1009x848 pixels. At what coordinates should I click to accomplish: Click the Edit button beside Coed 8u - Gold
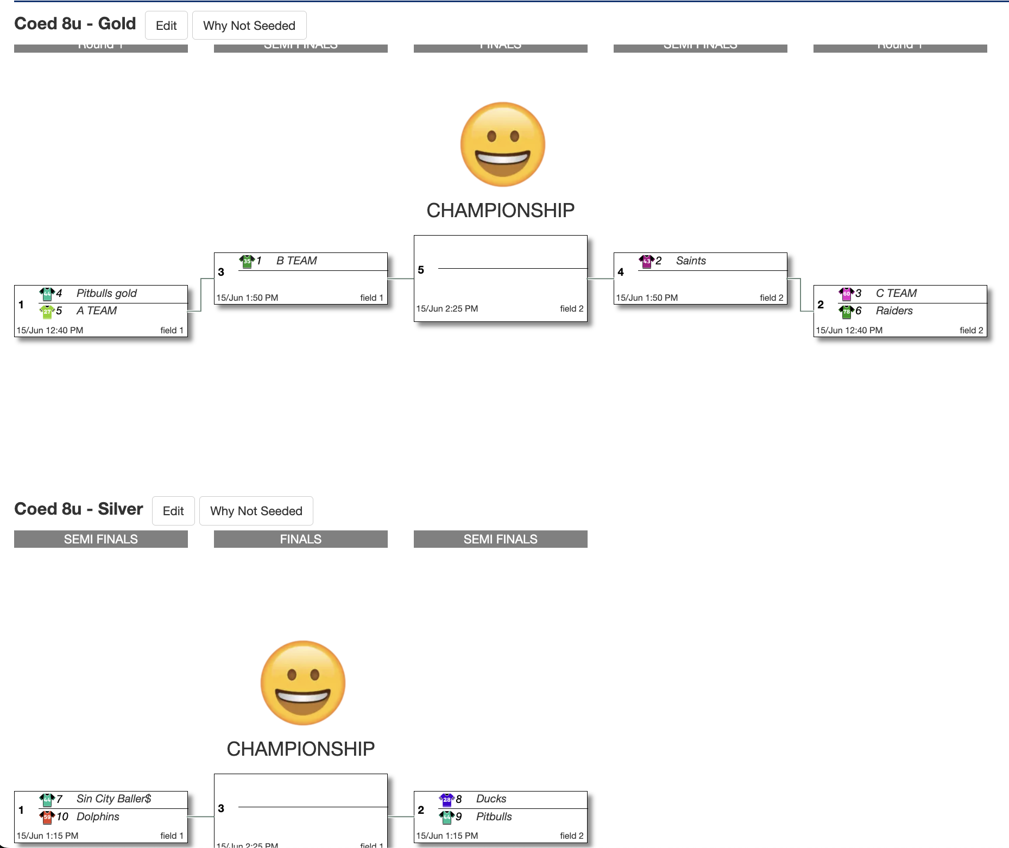click(166, 26)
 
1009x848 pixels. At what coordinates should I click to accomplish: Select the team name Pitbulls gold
click(106, 293)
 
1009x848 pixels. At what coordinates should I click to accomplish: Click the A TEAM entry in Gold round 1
click(97, 311)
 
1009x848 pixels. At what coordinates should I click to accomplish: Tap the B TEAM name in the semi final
click(297, 261)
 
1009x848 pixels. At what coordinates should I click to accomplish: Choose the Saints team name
click(691, 261)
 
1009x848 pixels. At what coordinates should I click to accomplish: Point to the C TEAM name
click(896, 293)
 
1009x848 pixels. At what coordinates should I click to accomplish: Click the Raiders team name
click(894, 311)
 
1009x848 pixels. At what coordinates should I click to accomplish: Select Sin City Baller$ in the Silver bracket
click(113, 799)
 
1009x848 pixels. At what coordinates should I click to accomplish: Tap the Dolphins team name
click(98, 817)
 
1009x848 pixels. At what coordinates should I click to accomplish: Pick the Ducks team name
click(491, 799)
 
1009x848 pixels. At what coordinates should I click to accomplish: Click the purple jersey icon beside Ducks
click(446, 799)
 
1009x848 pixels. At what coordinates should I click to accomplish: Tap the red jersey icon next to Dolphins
click(47, 817)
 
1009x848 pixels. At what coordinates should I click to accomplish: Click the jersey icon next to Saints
click(646, 261)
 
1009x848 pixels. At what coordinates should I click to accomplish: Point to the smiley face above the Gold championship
click(502, 144)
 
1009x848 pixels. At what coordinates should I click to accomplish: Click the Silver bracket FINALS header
click(300, 539)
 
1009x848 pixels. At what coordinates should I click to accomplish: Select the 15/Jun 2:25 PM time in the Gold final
click(447, 308)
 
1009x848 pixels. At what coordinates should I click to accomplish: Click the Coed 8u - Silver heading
click(79, 509)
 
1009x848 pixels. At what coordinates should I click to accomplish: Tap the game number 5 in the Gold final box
click(421, 270)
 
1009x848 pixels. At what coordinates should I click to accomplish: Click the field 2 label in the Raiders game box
click(971, 330)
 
